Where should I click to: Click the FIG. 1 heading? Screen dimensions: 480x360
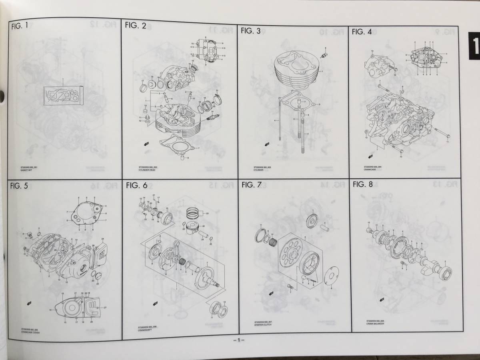(x=20, y=27)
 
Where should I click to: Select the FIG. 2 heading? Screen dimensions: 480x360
(x=136, y=26)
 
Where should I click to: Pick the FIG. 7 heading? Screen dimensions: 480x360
(x=252, y=184)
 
